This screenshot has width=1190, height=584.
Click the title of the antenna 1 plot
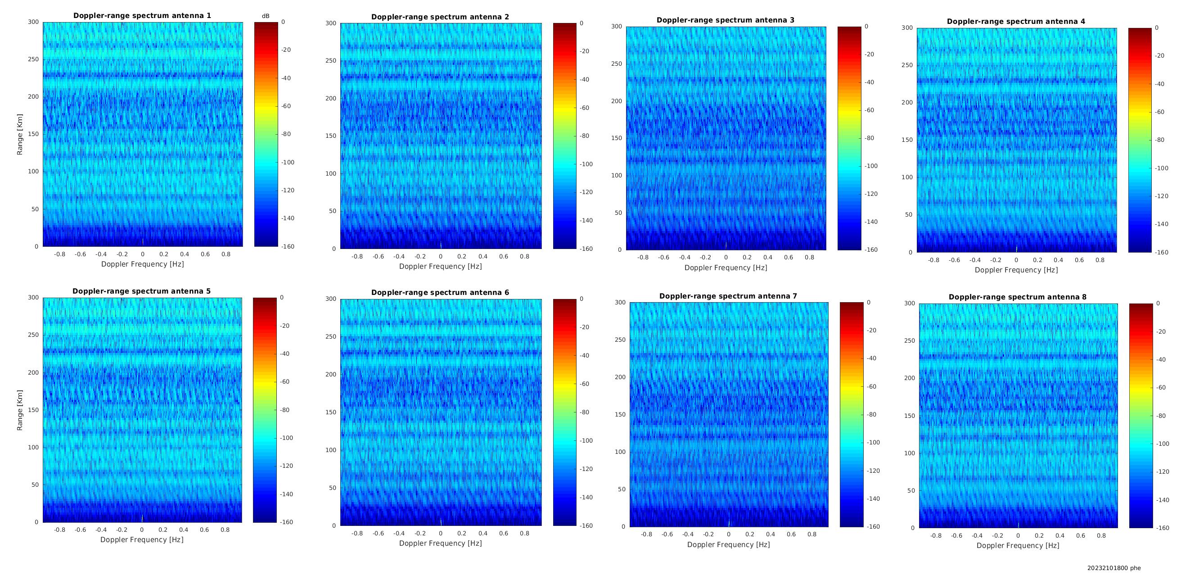tap(142, 16)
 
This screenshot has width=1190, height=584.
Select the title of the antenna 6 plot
tap(440, 293)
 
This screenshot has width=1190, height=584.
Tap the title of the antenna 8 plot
tap(1018, 297)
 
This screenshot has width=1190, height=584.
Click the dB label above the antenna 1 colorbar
tap(266, 16)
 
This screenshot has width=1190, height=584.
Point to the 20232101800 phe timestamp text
tap(1114, 568)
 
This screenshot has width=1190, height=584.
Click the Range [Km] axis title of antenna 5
tap(20, 410)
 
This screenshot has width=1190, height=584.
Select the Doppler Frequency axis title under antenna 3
tap(726, 268)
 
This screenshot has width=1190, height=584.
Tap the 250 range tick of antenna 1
tap(34, 59)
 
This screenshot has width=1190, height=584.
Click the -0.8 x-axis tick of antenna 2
tap(357, 256)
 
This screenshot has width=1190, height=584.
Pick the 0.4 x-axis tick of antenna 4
tap(1058, 260)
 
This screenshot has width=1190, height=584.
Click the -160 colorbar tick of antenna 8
tap(1163, 528)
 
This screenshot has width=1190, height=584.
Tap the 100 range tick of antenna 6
tap(331, 450)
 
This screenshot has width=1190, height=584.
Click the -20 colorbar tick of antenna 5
tap(284, 326)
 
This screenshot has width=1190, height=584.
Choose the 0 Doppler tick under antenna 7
tap(729, 534)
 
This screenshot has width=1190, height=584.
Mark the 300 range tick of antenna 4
tap(907, 28)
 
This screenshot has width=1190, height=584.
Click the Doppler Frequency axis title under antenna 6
tap(440, 543)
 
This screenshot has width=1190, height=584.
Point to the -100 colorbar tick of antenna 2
tap(586, 164)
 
